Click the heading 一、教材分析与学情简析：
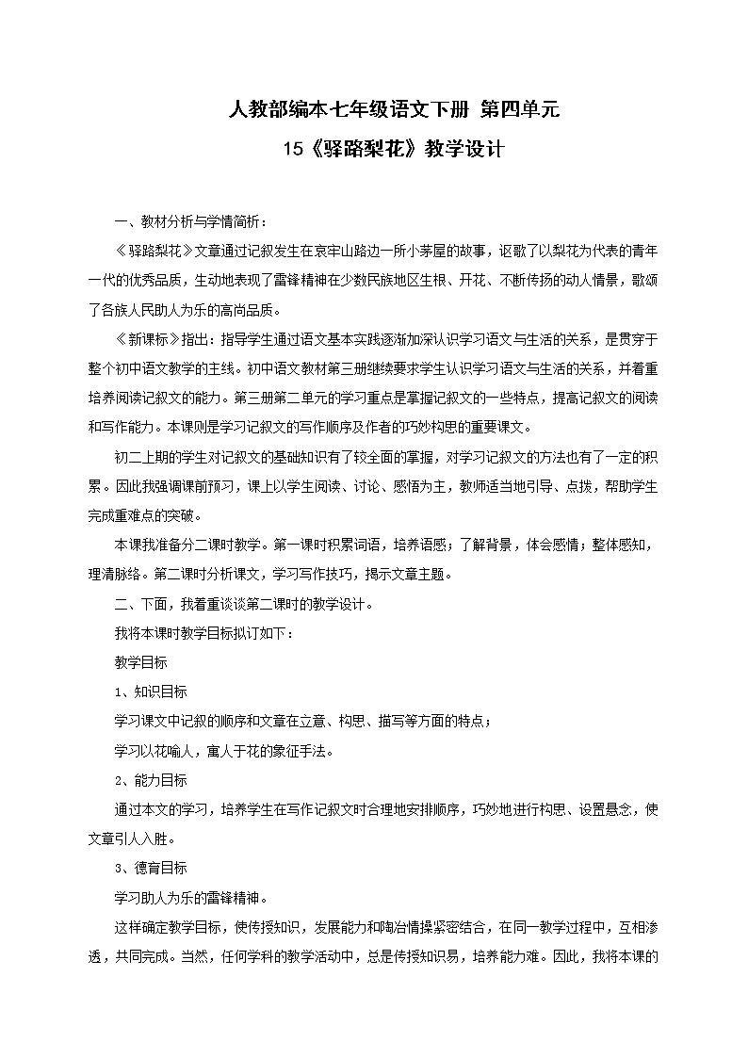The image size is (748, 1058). coord(189,222)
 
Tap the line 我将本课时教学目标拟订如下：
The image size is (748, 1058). coord(203,634)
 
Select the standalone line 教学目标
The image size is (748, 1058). coord(140,663)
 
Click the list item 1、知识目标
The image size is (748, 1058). coord(150,692)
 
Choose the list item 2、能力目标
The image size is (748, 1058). coord(150,780)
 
